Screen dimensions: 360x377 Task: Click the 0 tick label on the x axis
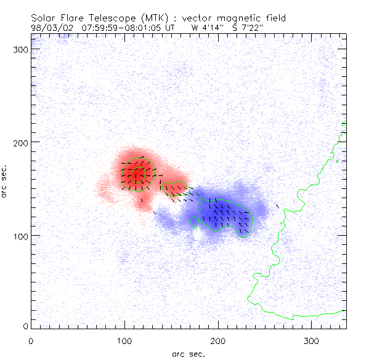point(31,340)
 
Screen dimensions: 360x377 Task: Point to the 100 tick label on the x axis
point(124,340)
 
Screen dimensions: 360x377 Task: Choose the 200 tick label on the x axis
point(218,340)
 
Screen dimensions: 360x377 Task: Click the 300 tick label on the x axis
point(312,340)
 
